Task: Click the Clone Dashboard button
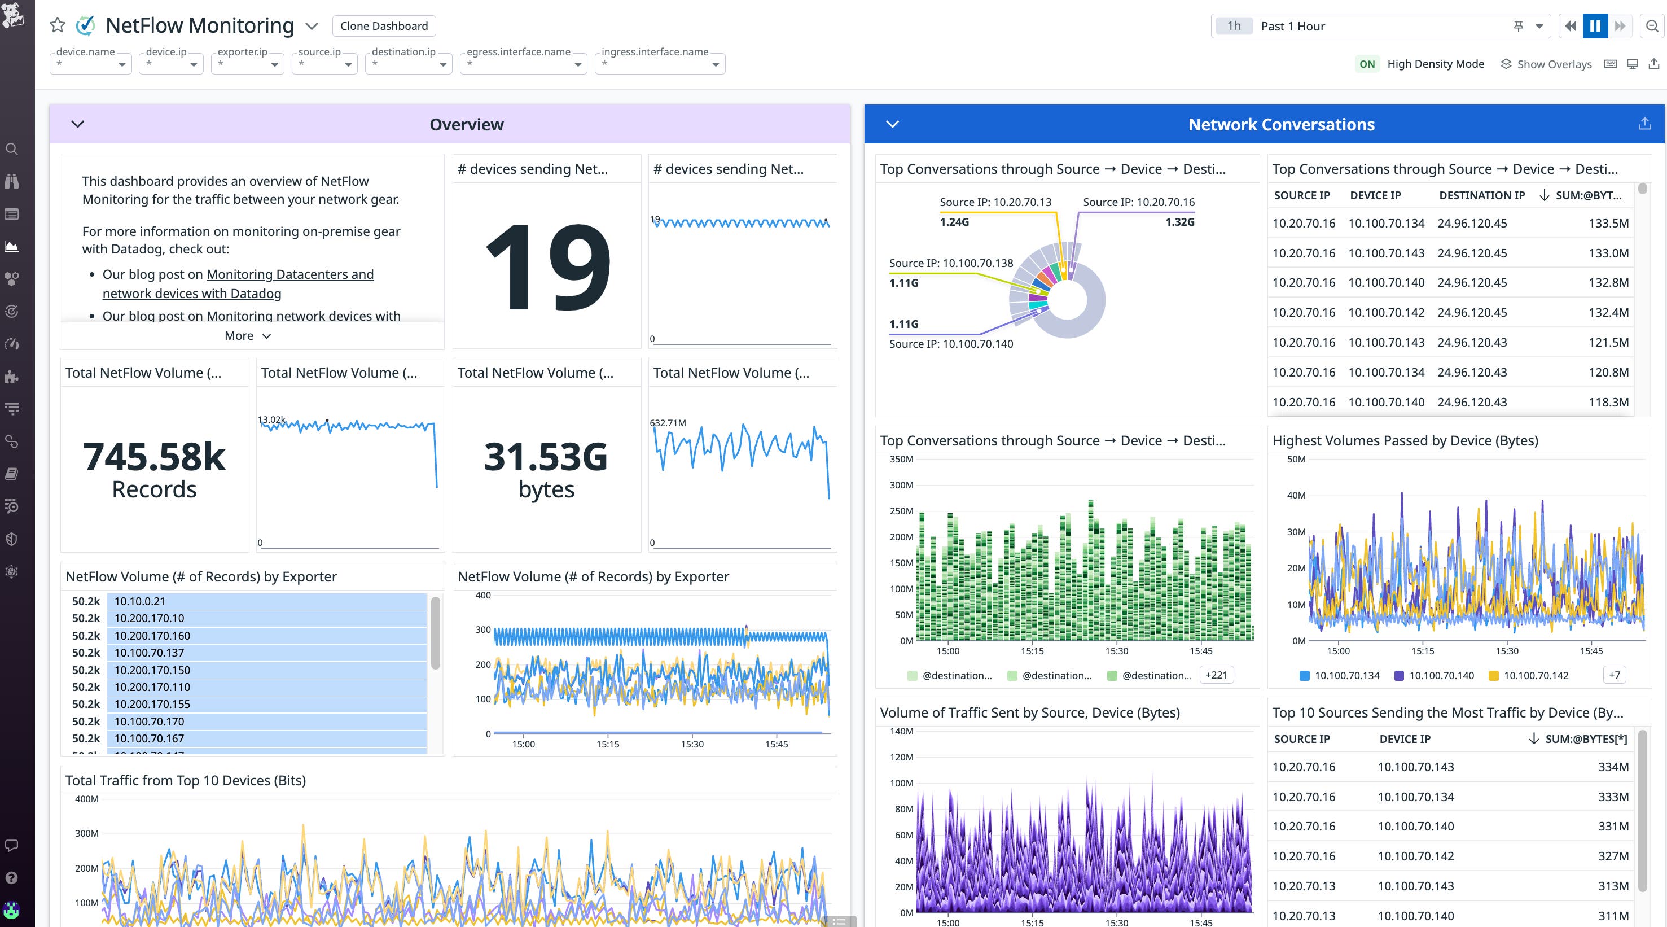click(x=384, y=26)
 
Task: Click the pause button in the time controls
click(x=1595, y=26)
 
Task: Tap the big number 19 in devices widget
click(x=547, y=266)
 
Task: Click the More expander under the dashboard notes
click(x=247, y=335)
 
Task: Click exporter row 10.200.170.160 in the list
click(x=152, y=636)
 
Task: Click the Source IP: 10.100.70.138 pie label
click(x=950, y=263)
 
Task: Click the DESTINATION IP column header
click(x=1481, y=195)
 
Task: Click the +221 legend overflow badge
click(x=1216, y=675)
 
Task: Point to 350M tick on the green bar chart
click(x=901, y=459)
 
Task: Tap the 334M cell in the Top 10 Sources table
click(x=1613, y=767)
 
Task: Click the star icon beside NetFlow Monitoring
click(x=58, y=25)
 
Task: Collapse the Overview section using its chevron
click(x=78, y=124)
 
